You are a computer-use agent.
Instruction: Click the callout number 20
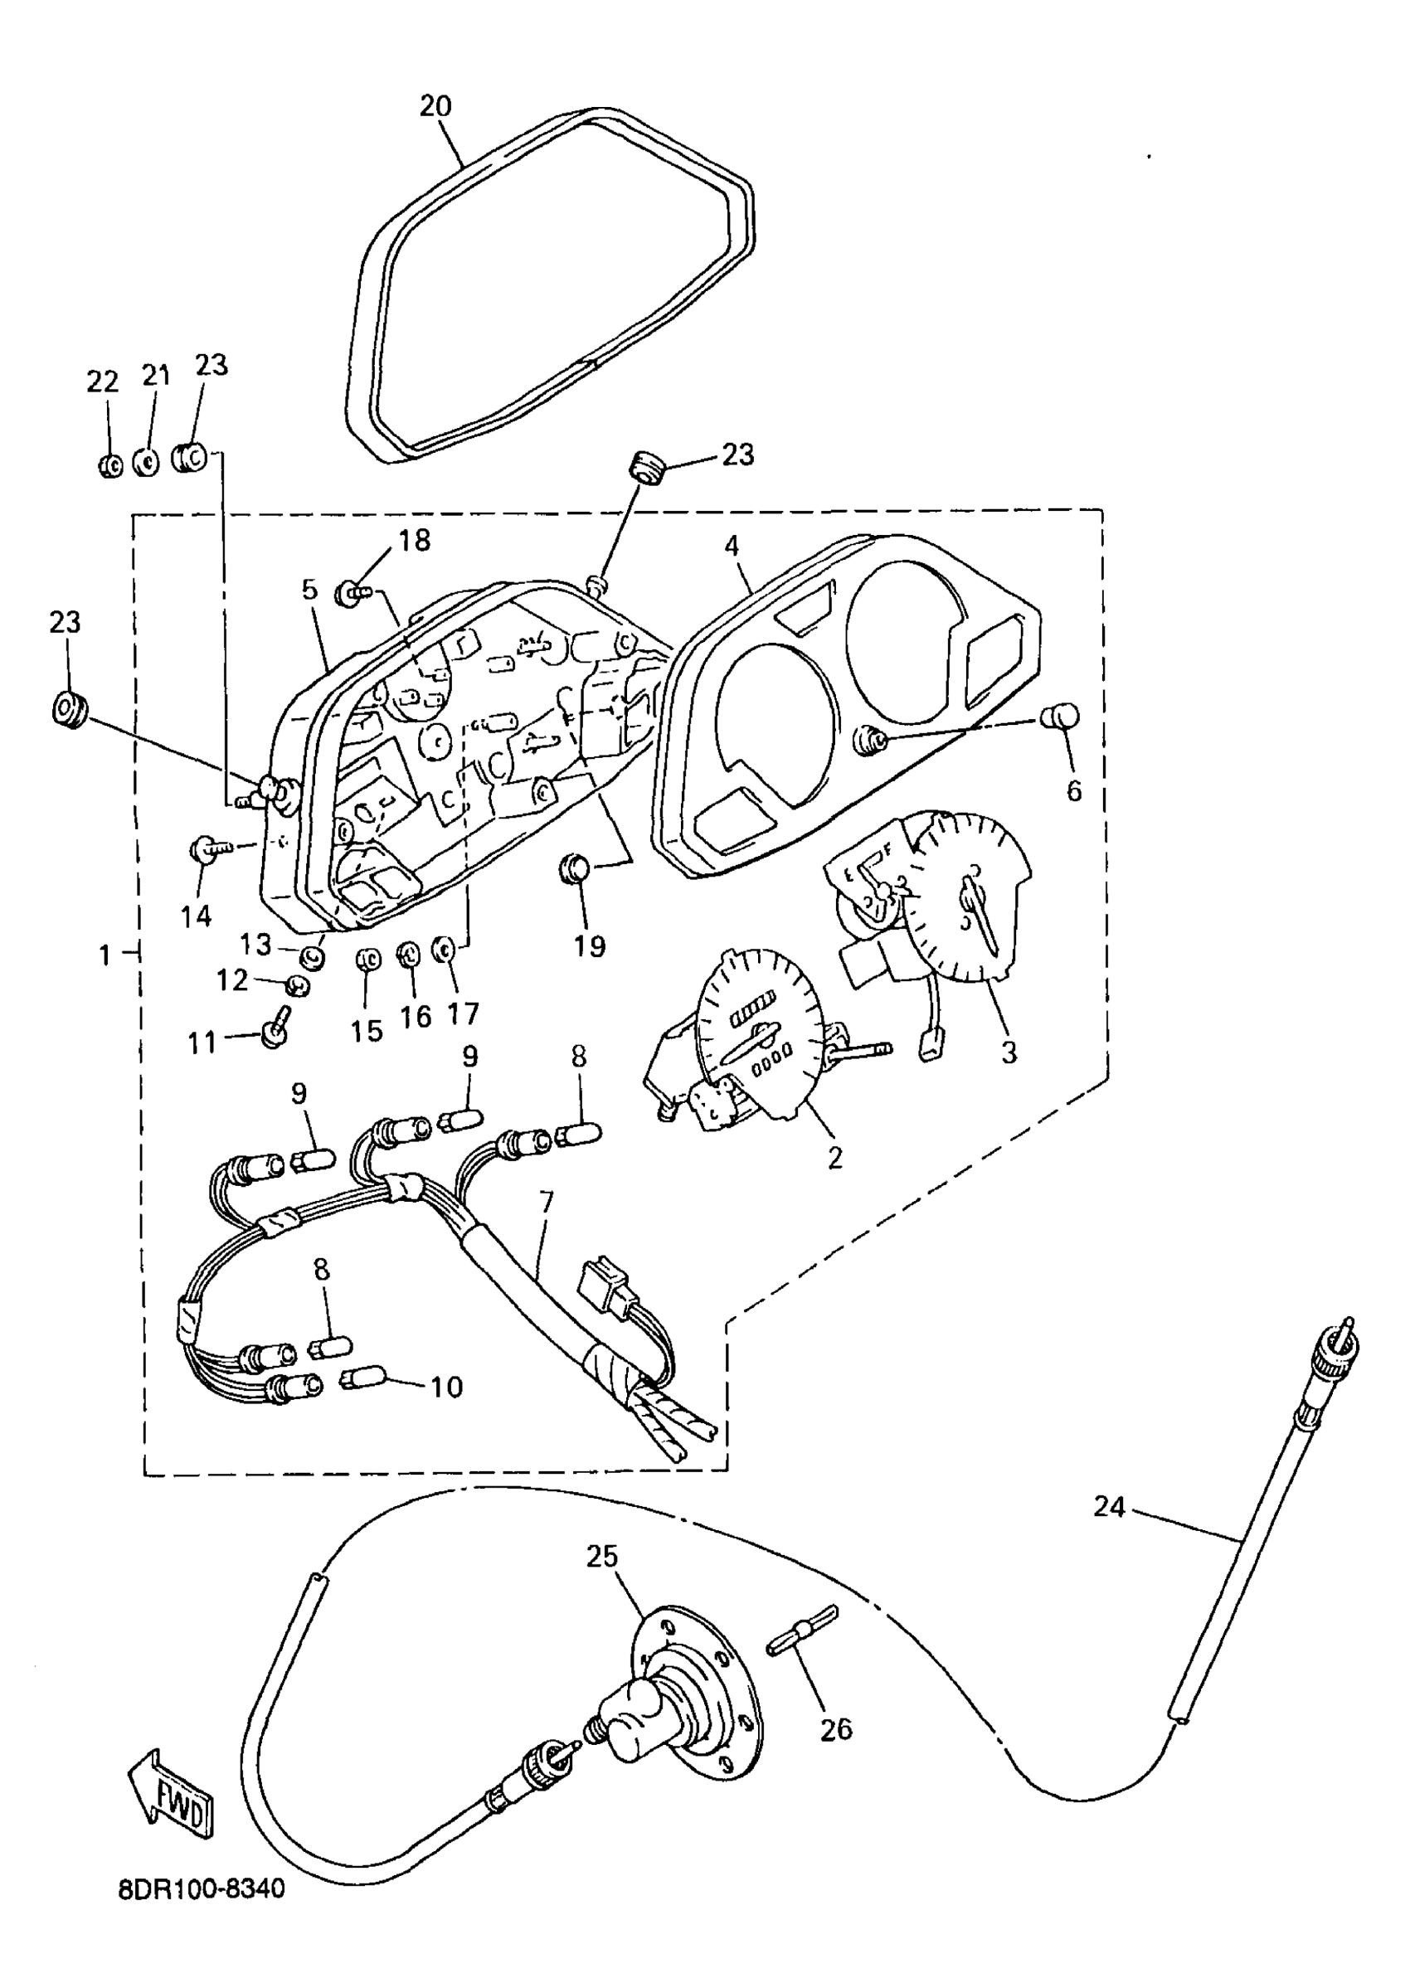tap(435, 106)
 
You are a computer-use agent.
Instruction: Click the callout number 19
tap(590, 945)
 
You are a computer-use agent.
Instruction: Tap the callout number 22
tap(103, 382)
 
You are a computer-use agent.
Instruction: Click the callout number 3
tap(1008, 1052)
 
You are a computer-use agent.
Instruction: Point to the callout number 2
tap(834, 1157)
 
